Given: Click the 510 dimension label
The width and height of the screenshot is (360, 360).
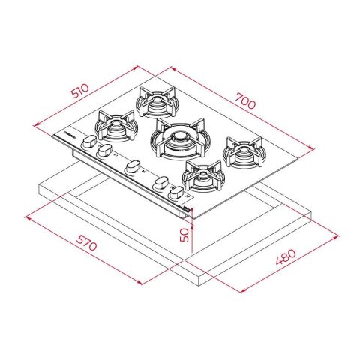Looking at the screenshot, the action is click(x=79, y=91).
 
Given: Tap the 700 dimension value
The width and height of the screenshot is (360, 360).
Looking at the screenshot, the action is click(x=246, y=100).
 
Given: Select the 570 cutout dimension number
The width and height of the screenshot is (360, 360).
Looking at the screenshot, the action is click(x=86, y=242).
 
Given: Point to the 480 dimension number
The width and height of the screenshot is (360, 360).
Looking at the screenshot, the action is click(x=286, y=256).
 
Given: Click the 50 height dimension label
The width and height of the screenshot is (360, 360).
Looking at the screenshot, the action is click(x=184, y=235).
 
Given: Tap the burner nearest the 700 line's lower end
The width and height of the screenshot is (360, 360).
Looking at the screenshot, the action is click(x=244, y=152).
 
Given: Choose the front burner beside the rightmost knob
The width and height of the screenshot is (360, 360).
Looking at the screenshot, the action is click(x=203, y=176).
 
